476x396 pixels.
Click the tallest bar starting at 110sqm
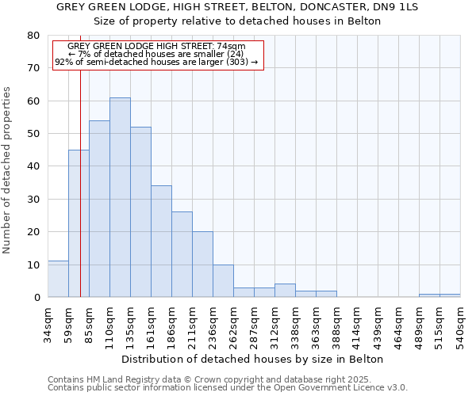(x=120, y=197)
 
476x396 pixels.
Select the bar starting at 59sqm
(x=79, y=223)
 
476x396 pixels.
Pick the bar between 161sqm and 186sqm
(x=161, y=242)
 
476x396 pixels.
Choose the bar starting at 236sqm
(x=223, y=280)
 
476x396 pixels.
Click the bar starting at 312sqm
(x=285, y=291)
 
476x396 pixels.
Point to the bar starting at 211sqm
(x=202, y=265)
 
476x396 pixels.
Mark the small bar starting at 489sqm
(x=429, y=295)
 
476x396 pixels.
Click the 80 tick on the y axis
(x=33, y=36)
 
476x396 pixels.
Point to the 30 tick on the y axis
(x=33, y=199)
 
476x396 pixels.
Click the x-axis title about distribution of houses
(x=253, y=359)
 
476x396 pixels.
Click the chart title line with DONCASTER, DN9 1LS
(x=237, y=7)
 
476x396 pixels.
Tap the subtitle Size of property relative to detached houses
(x=237, y=21)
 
